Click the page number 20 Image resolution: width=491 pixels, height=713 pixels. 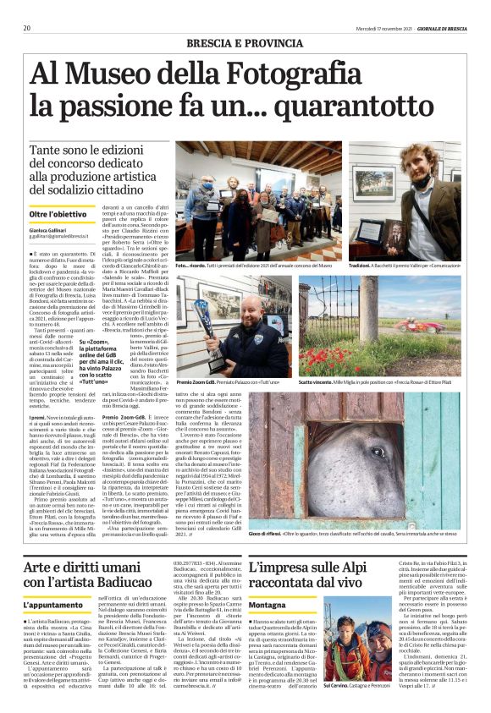click(27, 28)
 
